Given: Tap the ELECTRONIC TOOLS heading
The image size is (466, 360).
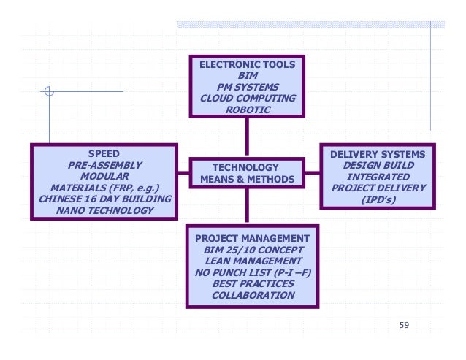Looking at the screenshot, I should pos(248,64).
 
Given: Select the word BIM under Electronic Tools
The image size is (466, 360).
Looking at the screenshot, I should pos(248,75).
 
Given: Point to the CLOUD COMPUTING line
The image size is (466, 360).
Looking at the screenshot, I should pos(248,98).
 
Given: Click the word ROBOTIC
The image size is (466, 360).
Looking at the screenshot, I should pos(248,110).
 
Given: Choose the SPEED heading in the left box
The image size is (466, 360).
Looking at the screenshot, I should pos(104,153).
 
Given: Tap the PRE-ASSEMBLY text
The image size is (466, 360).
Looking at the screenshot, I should pos(104,165).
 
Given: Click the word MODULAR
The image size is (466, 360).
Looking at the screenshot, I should pos(104,176).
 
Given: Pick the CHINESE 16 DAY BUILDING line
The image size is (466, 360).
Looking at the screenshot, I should pos(104,199).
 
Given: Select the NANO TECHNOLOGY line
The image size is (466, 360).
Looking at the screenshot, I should pos(104,210).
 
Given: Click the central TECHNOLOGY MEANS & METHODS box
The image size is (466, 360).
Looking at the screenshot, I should pos(246,173).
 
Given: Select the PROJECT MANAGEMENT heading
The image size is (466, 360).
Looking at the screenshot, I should pos(253,239).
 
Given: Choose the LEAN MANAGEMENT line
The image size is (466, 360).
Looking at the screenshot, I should pos(253,261).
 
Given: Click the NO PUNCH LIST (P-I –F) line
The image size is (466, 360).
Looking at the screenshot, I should pos(253,272).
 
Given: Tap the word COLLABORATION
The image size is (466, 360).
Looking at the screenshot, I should pos(253,296).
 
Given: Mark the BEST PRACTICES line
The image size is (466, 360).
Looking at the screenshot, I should pos(253,284).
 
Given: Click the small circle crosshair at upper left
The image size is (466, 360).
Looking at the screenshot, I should pos(49,91).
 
